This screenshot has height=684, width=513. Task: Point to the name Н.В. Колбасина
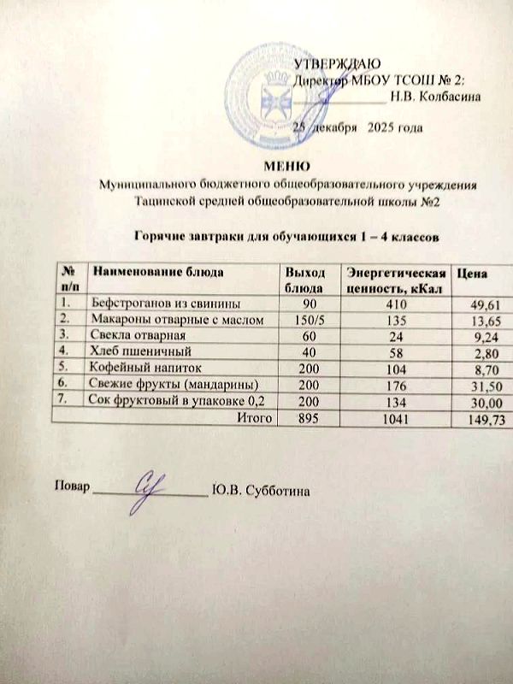[x=434, y=96]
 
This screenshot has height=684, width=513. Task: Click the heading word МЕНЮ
[x=287, y=165]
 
